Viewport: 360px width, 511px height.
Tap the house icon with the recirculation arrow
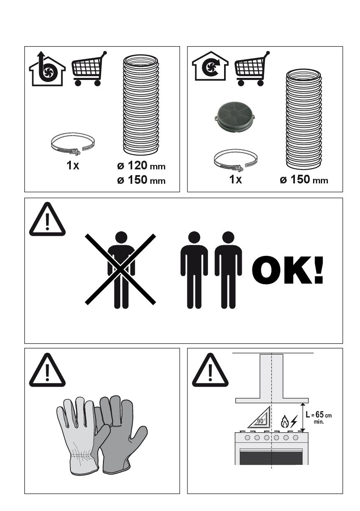click(210, 66)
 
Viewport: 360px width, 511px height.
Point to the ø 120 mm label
click(141, 166)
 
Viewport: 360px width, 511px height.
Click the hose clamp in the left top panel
click(73, 144)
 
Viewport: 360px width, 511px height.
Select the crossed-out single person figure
click(120, 270)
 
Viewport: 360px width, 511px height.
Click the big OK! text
click(288, 270)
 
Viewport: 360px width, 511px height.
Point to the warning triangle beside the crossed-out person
click(47, 219)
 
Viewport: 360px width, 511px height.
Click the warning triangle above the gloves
click(47, 370)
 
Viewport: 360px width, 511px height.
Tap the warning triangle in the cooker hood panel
click(210, 370)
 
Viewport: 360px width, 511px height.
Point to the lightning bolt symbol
click(294, 421)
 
